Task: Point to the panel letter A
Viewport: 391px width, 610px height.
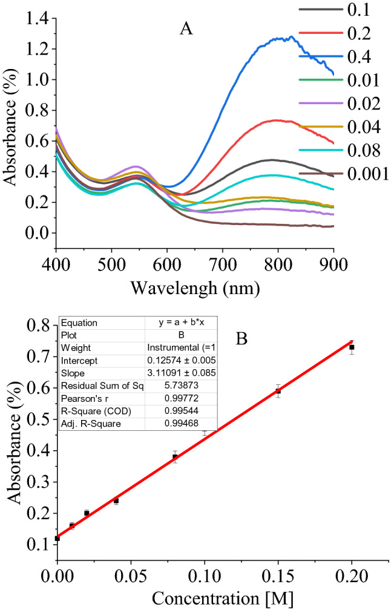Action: click(x=186, y=28)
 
